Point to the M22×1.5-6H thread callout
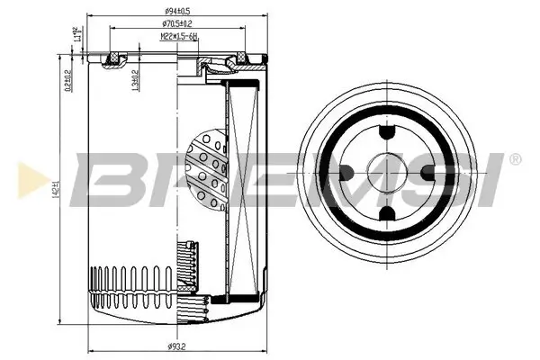(x=178, y=36)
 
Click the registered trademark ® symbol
(x=514, y=159)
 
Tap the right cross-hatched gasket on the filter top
(x=240, y=61)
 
